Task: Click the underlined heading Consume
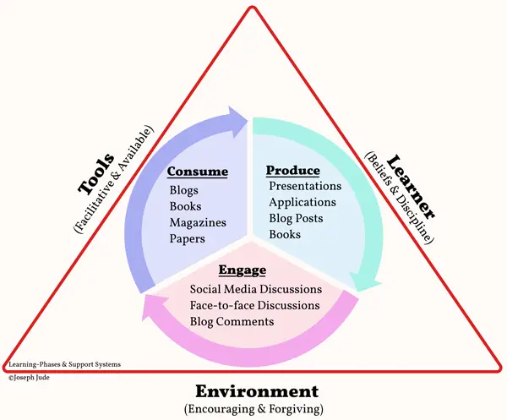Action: (197, 172)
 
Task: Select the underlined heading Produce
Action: (293, 171)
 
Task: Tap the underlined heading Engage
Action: (243, 270)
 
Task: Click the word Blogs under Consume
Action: (183, 190)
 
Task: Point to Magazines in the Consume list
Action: (198, 222)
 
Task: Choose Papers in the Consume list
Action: (188, 239)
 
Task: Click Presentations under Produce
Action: (305, 186)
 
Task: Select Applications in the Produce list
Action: (303, 203)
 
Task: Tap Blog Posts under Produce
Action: (296, 218)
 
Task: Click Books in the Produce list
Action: (285, 234)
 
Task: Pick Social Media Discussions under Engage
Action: (256, 289)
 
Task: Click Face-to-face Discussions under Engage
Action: (255, 305)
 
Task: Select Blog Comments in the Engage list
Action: (232, 322)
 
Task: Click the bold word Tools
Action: (96, 174)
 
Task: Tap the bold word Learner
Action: (411, 188)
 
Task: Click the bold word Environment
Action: (257, 391)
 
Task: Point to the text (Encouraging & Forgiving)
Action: (253, 409)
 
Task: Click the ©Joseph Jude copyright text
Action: (29, 377)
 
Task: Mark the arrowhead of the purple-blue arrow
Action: (237, 121)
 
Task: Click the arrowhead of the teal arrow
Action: (365, 282)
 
